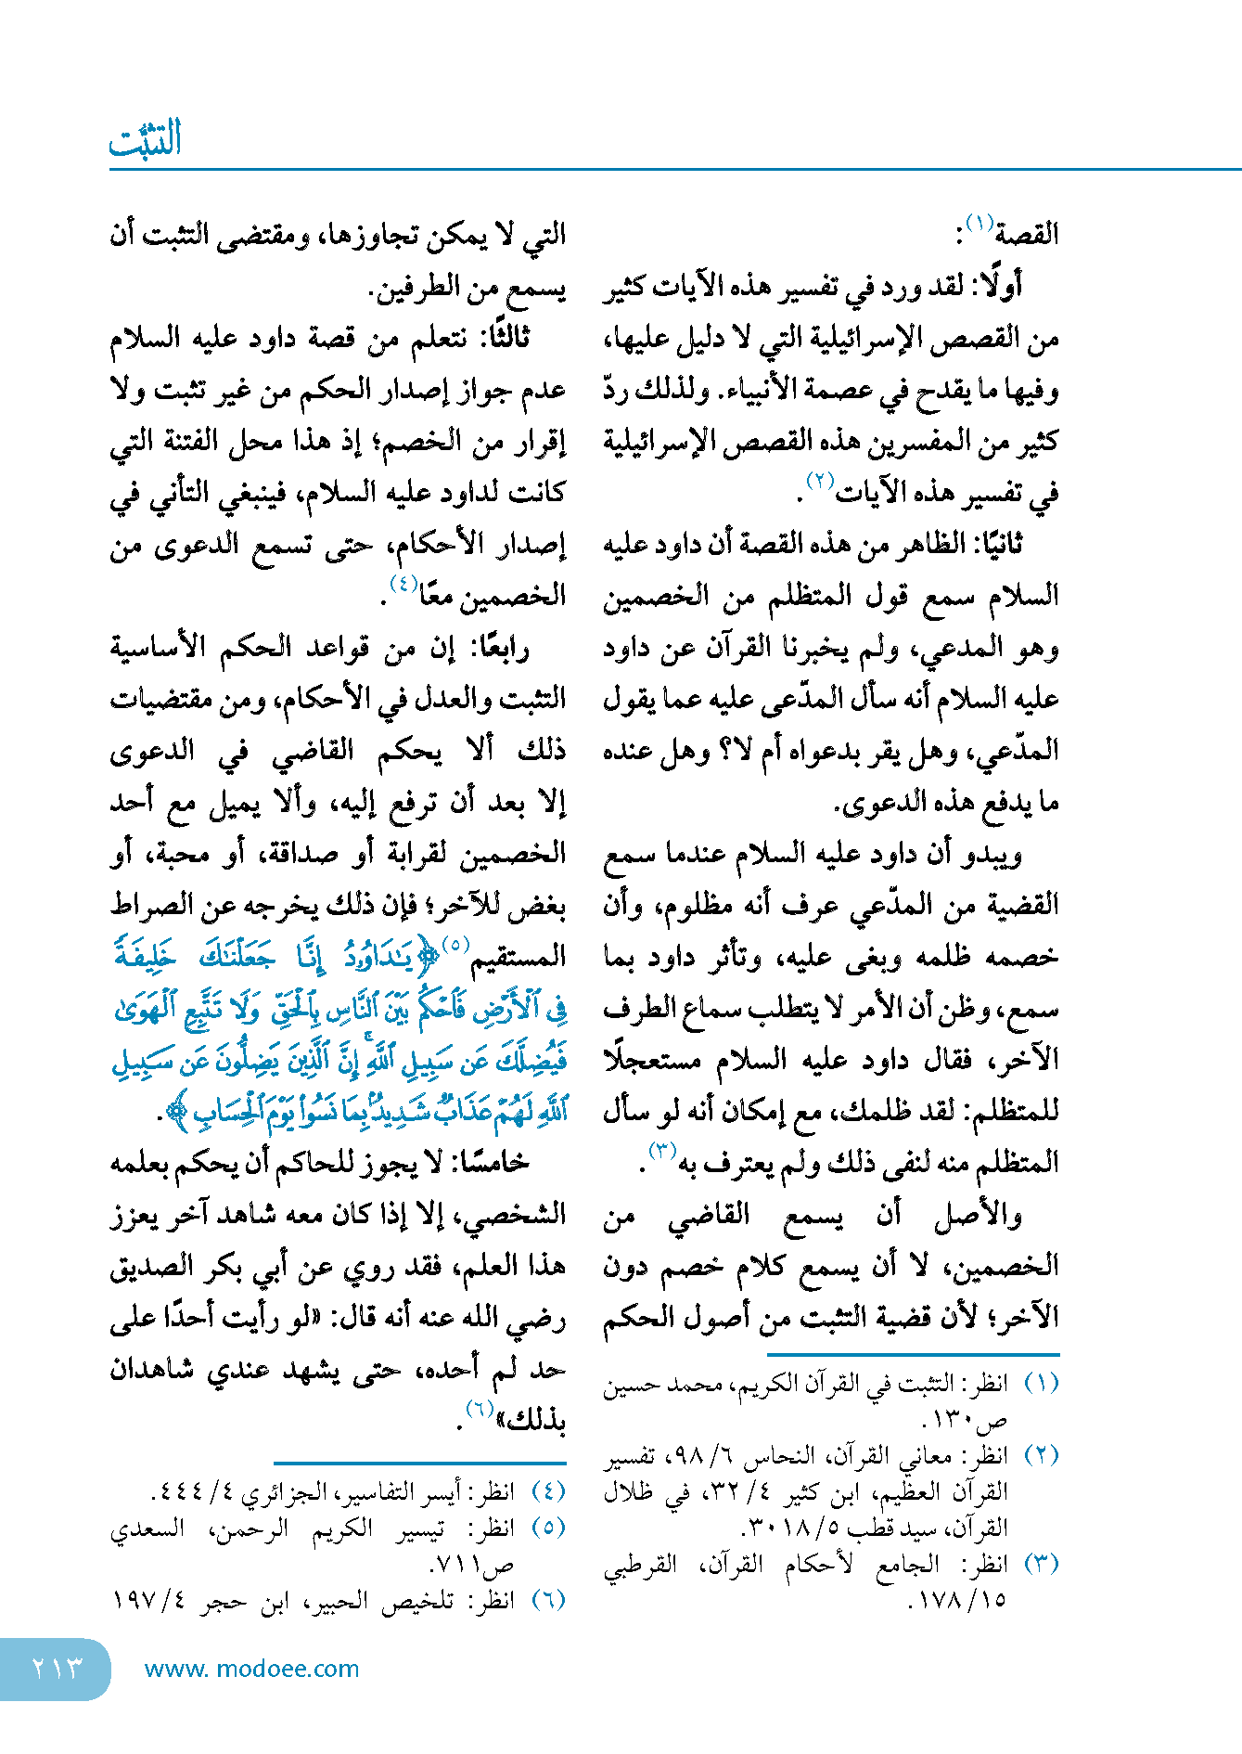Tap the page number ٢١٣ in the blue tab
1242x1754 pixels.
57,1669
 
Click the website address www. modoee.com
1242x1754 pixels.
251,1669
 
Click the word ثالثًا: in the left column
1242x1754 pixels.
502,338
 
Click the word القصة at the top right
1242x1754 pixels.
1028,234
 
